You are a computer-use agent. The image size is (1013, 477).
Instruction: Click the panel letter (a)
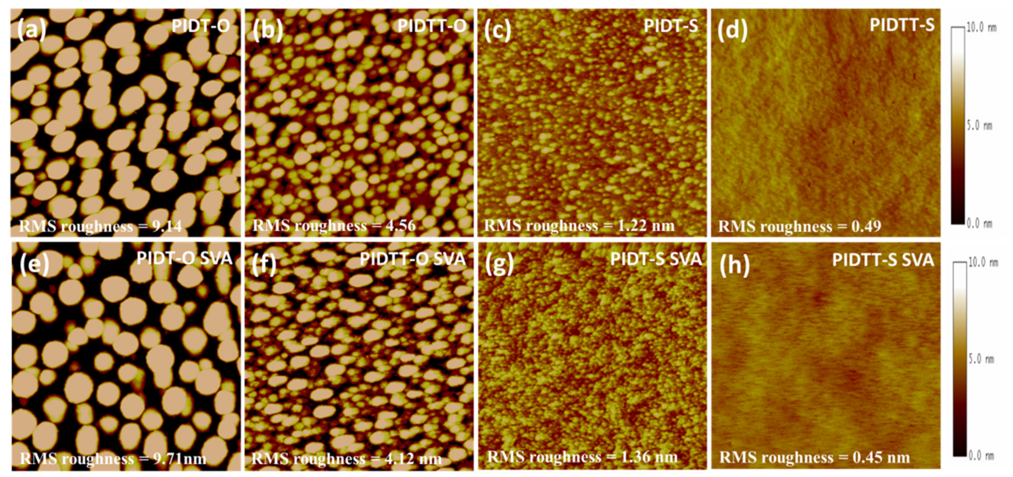point(32,29)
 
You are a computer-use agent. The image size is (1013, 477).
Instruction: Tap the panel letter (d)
point(732,30)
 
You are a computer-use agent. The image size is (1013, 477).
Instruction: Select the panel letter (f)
point(265,264)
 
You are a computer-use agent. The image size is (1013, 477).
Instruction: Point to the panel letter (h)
point(735,264)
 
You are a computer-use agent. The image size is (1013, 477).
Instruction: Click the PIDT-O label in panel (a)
point(201,26)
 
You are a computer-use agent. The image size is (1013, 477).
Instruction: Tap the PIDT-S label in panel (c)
point(671,26)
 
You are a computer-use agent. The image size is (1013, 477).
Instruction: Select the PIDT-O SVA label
point(184,259)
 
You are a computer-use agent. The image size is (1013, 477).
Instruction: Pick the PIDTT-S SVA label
point(883,260)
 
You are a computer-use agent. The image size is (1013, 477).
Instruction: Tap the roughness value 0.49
point(866,227)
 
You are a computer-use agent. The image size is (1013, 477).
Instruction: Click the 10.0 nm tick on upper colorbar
point(981,27)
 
